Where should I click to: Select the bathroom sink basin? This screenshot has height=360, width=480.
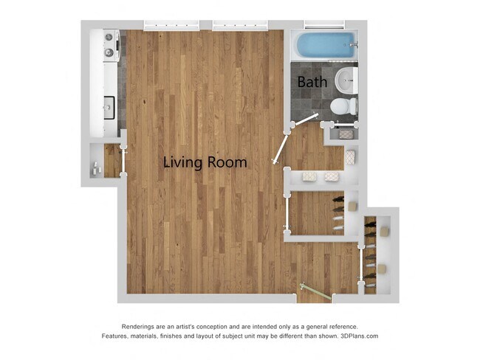point(346,78)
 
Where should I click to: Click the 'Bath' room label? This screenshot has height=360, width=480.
point(312,82)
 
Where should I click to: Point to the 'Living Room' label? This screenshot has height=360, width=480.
point(205,162)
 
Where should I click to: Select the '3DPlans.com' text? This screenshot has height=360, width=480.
point(357,336)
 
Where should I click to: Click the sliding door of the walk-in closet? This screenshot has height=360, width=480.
point(287,214)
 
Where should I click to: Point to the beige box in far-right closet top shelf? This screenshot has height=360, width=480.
point(383,229)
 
